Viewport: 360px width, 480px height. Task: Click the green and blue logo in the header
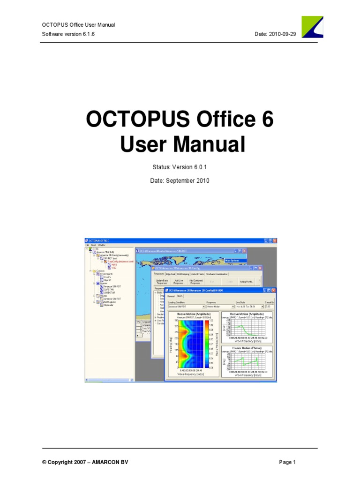point(312,27)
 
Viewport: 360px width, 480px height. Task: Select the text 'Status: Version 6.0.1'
point(180,166)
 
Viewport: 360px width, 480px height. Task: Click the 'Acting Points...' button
point(246,282)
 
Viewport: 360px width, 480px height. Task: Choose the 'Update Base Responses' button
point(162,282)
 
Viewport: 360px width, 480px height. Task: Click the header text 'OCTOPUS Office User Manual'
point(78,25)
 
